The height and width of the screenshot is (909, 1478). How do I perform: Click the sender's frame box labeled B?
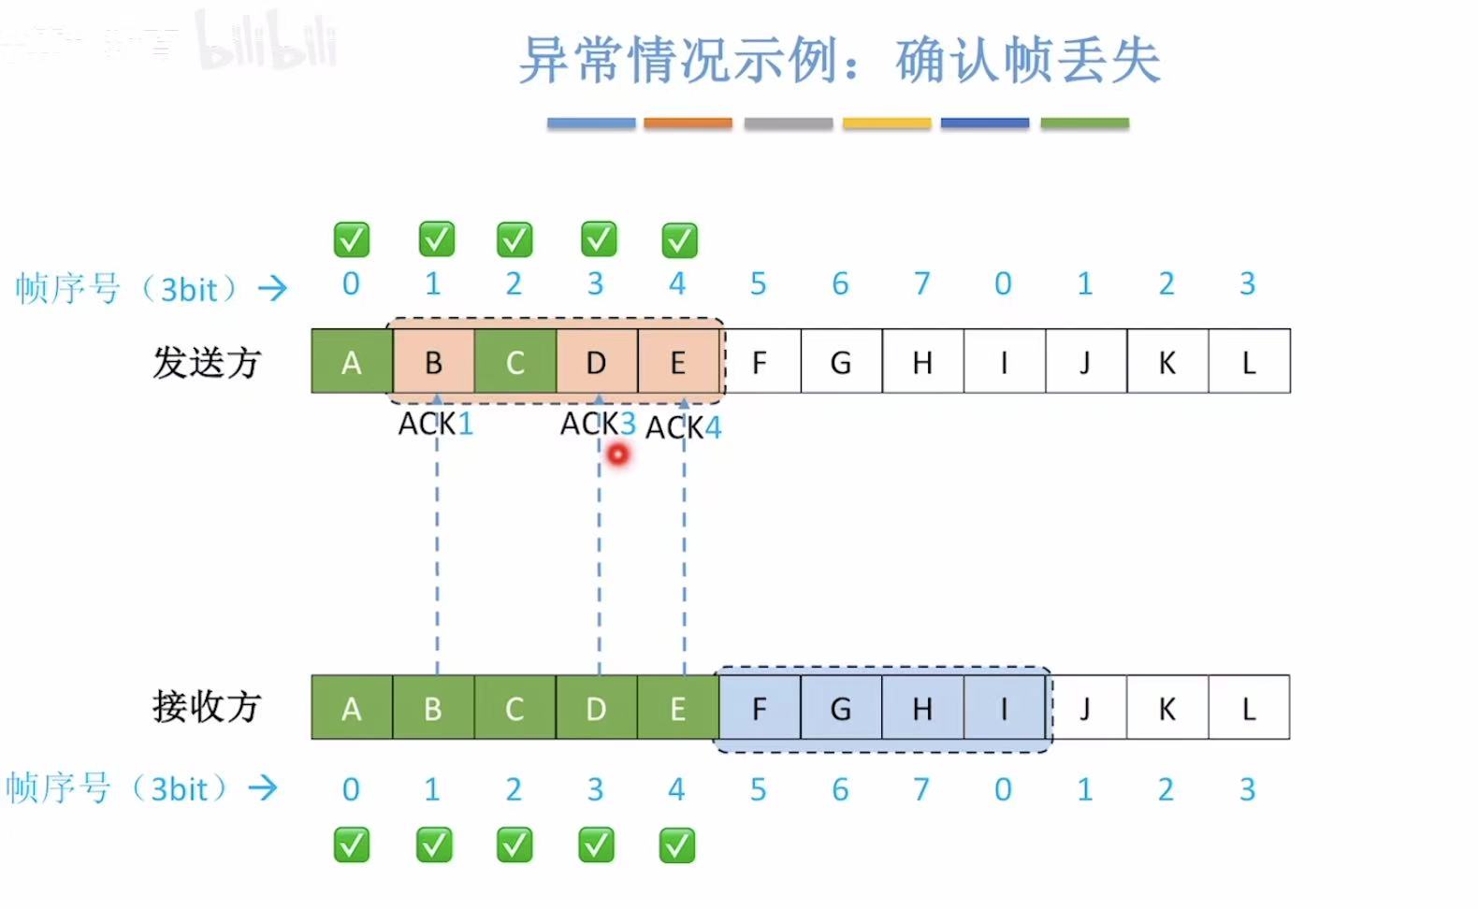tap(433, 362)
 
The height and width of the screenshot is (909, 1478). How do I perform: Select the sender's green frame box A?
tap(352, 362)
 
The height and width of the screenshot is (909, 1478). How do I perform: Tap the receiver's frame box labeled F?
tap(760, 708)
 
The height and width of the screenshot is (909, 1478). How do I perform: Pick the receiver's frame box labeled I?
tap(1004, 708)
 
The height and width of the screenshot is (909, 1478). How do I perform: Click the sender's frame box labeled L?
tap(1249, 362)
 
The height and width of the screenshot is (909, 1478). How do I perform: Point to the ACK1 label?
tap(436, 424)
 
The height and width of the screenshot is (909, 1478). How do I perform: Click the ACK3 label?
tap(598, 424)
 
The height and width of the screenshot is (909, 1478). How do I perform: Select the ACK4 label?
tap(684, 427)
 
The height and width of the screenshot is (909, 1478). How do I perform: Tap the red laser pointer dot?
tap(618, 455)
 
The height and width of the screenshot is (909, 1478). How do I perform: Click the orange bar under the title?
tap(688, 123)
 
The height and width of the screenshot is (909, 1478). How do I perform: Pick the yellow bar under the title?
tap(887, 123)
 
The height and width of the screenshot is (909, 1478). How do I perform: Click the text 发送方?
tap(207, 362)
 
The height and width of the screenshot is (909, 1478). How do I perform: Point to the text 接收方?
tap(207, 706)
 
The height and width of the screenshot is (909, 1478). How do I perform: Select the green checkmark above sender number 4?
tap(679, 240)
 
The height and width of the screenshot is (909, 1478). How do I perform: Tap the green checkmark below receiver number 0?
tap(352, 845)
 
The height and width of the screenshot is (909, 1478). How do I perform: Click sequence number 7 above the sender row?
tap(922, 283)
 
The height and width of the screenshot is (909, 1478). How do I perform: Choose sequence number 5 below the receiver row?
tap(759, 789)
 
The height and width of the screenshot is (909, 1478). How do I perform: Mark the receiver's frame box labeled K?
tap(1166, 708)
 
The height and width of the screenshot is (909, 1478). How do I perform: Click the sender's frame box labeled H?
tap(922, 362)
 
